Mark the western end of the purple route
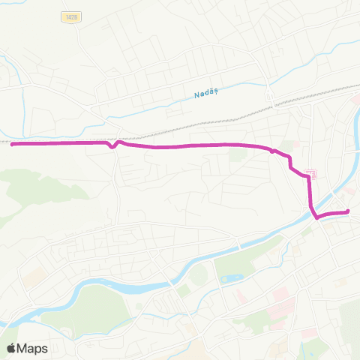coord(12,143)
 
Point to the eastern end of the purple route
coord(348,212)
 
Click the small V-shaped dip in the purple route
coord(112,147)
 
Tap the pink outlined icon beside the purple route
coord(313,174)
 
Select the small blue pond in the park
coord(231,279)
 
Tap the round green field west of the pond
coord(196,274)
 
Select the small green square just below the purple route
coord(238,154)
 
